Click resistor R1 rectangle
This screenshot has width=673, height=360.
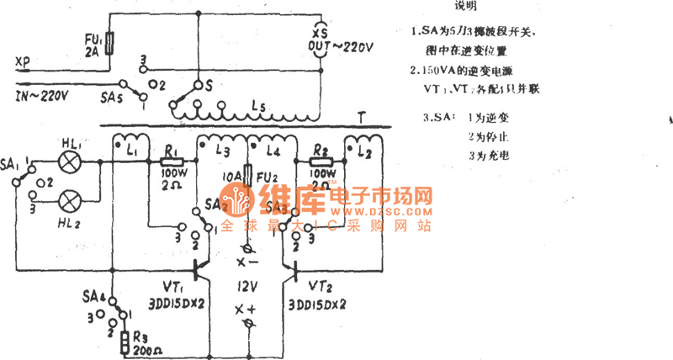click(172, 158)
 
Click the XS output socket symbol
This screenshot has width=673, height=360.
click(321, 45)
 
